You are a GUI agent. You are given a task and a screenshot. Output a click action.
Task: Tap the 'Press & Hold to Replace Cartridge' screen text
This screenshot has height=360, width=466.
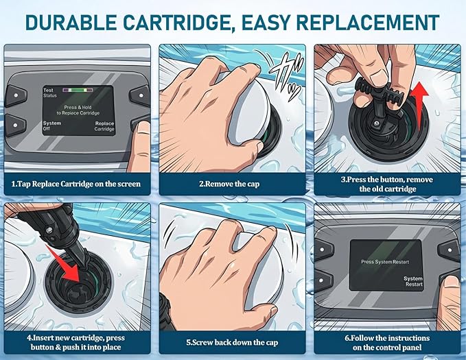click(78, 110)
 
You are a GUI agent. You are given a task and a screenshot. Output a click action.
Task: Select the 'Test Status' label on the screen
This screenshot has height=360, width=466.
click(50, 93)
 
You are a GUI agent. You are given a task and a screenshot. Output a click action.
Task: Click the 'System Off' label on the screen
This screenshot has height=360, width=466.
click(51, 125)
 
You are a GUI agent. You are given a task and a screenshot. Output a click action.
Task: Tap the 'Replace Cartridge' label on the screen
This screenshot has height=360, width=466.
click(104, 126)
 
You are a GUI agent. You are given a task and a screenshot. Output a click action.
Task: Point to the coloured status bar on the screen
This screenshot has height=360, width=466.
click(78, 90)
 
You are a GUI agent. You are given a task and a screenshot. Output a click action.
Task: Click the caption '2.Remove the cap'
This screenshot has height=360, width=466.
click(229, 184)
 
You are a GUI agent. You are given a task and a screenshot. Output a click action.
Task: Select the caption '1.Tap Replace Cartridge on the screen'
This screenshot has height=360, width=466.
click(75, 184)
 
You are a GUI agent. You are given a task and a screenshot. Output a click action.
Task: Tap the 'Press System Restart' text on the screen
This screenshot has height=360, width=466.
click(385, 262)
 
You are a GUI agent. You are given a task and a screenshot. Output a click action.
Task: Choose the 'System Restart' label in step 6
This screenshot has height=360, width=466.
click(413, 281)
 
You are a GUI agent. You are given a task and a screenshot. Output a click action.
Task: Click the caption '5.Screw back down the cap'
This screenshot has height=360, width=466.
click(232, 343)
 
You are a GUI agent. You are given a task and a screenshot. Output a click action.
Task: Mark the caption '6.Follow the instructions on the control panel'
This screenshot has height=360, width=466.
click(387, 343)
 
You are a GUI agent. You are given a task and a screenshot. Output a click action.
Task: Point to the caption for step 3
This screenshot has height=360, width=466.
click(387, 184)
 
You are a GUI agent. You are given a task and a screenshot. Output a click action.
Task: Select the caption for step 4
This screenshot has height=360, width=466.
click(75, 342)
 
